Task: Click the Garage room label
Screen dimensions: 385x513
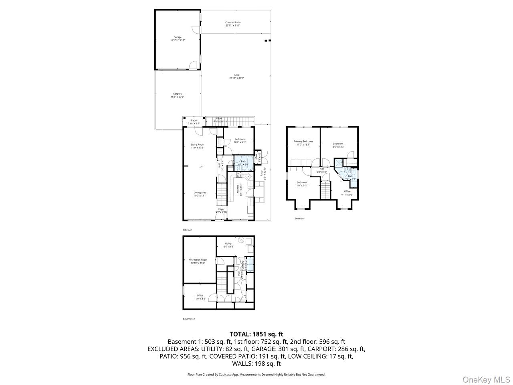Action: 178,38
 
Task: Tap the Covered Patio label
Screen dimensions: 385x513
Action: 233,24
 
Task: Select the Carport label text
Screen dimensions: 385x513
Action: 178,95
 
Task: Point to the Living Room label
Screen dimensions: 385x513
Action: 198,146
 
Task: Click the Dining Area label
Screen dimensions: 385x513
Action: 200,194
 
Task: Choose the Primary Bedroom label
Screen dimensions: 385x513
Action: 303,143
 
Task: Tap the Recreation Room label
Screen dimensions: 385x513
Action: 198,261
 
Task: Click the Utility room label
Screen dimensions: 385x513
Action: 228,245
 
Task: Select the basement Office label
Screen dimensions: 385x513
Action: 200,297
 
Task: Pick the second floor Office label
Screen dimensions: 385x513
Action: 347,193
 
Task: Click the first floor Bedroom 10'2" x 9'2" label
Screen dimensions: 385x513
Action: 240,141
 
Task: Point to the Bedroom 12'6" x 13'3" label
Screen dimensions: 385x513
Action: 338,145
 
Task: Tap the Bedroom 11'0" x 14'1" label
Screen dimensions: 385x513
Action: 301,184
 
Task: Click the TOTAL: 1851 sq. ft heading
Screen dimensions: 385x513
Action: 256,334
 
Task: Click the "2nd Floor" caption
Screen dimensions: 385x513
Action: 299,219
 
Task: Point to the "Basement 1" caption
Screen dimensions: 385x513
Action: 189,319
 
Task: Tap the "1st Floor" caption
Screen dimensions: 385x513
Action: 187,230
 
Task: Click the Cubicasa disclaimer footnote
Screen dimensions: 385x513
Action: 256,375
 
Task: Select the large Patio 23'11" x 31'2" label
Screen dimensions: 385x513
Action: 236,77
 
